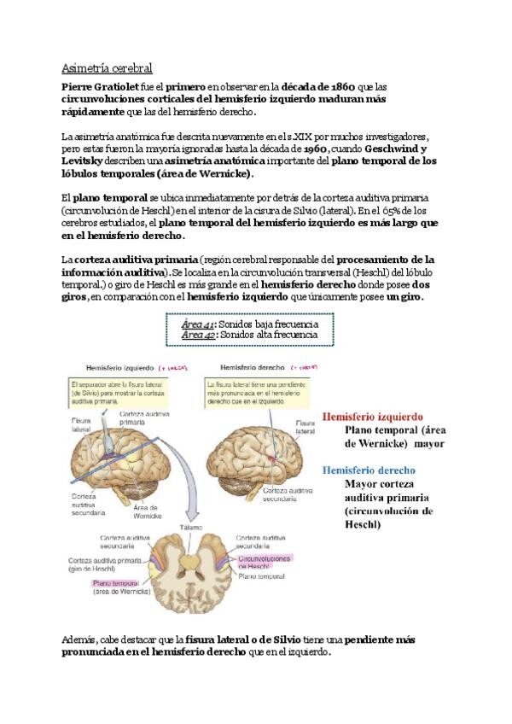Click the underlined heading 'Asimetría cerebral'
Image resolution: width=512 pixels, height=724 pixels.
pos(107,67)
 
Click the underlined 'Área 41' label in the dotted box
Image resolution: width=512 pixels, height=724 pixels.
pos(197,324)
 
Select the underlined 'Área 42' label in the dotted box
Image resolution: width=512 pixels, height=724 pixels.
pos(197,335)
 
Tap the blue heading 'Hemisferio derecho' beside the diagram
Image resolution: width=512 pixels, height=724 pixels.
pos(369,470)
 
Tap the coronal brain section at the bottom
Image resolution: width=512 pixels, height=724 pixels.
pos(195,572)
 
